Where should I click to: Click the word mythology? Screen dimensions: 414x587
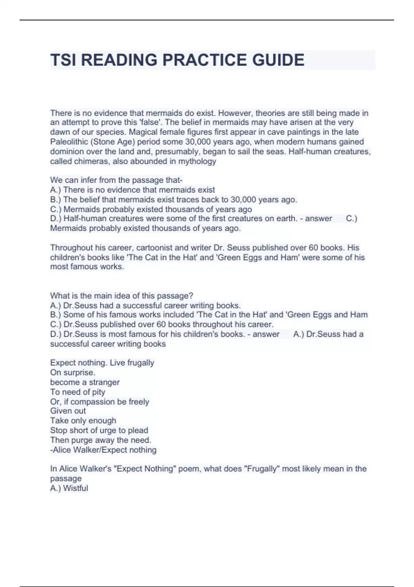coord(197,161)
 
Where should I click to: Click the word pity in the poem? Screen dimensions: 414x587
coord(98,392)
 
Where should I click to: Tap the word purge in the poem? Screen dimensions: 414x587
coord(82,440)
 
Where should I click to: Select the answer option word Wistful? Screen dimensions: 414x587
coord(76,488)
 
